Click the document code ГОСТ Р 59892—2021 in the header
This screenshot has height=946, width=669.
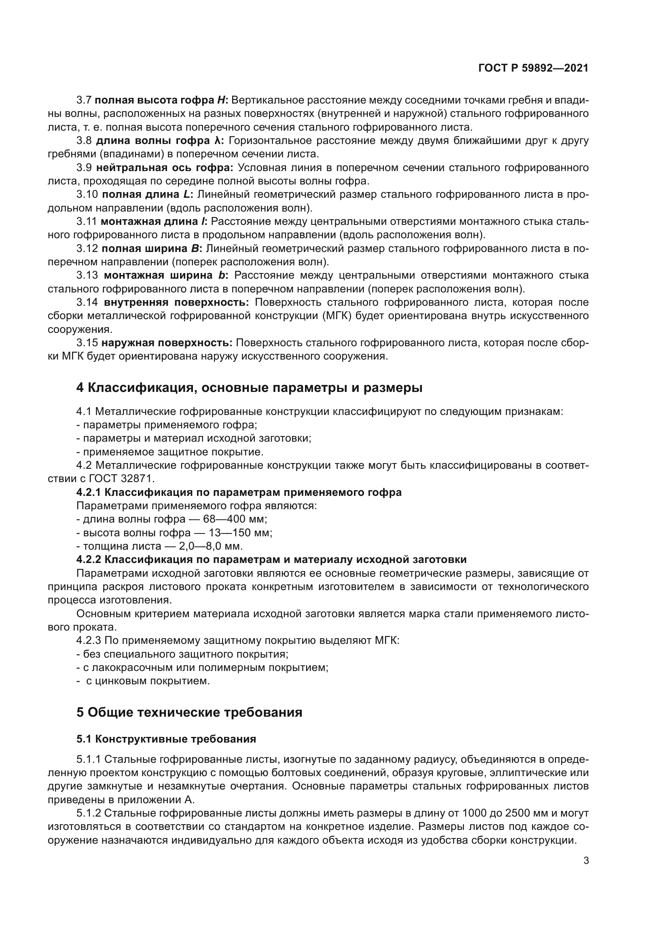click(534, 68)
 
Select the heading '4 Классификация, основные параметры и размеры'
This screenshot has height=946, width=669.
click(249, 387)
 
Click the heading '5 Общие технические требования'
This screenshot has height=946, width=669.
click(189, 712)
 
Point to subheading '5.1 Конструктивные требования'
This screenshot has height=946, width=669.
click(166, 739)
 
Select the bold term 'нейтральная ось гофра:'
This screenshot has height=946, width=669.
click(165, 168)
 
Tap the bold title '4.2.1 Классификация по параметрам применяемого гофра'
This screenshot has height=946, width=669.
click(239, 492)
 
